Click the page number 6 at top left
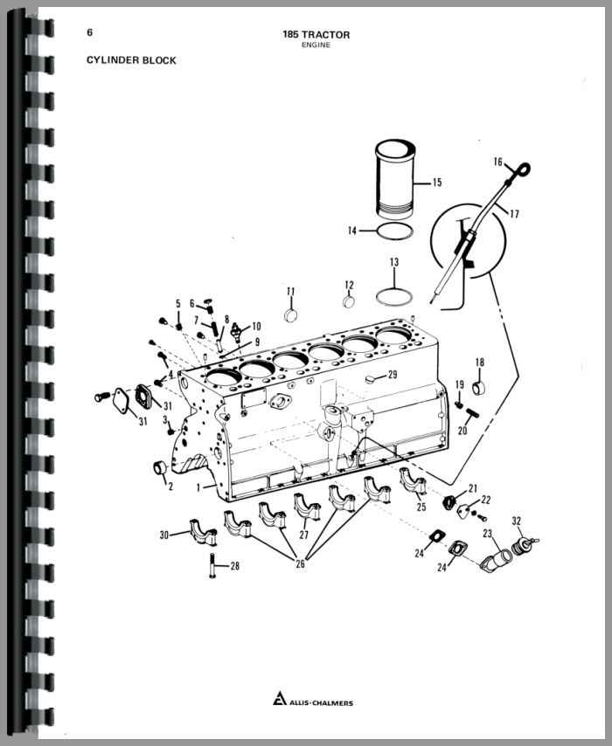click(89, 32)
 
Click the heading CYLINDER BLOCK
click(131, 60)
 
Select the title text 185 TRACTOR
click(316, 35)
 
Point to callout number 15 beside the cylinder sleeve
click(437, 183)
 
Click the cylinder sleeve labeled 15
click(394, 179)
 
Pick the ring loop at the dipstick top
click(524, 169)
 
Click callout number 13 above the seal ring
click(394, 262)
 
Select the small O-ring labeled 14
click(395, 231)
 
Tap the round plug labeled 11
click(291, 315)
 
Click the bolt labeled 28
click(212, 566)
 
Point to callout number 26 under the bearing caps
click(300, 564)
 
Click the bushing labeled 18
click(478, 387)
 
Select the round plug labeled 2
click(159, 467)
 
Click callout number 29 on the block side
click(393, 375)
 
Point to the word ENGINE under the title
click(316, 45)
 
